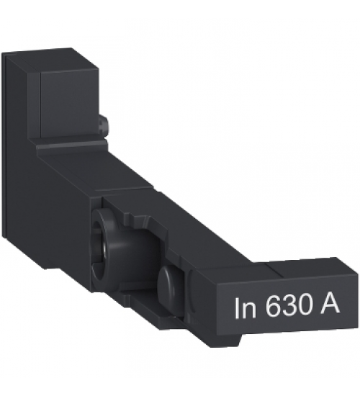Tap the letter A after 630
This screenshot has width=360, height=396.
[337, 307]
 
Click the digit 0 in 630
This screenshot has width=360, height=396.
[308, 307]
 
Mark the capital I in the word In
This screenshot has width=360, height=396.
[238, 307]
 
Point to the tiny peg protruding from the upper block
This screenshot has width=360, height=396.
[105, 127]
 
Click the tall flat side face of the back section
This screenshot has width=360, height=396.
[22, 166]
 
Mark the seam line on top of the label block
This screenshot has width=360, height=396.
[268, 266]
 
